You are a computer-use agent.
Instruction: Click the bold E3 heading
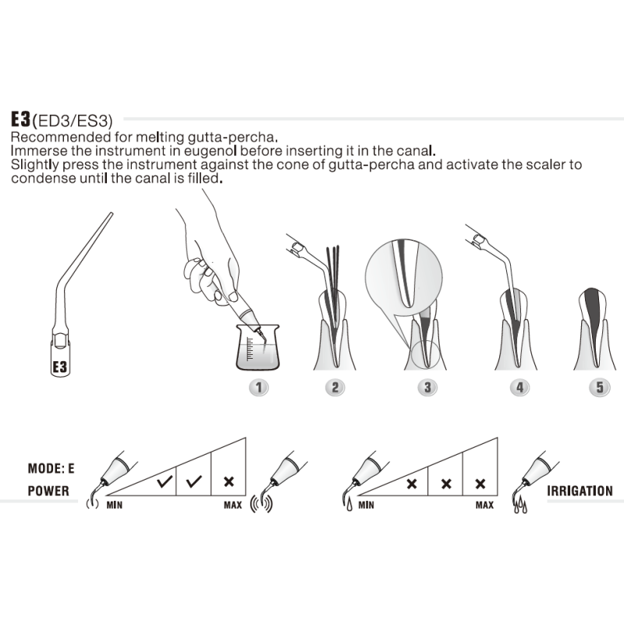click(x=20, y=119)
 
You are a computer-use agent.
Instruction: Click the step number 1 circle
click(x=258, y=387)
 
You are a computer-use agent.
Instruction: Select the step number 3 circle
click(x=426, y=387)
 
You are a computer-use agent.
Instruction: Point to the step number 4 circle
click(x=516, y=387)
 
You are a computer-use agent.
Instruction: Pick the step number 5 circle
click(x=597, y=387)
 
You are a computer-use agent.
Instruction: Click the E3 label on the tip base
click(x=62, y=366)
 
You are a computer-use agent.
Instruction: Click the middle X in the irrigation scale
click(x=446, y=483)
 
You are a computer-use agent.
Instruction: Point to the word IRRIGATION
click(x=580, y=491)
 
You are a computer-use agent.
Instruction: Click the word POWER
click(x=48, y=491)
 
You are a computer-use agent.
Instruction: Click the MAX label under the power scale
click(x=232, y=505)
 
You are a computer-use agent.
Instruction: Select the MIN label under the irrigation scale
click(x=367, y=505)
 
